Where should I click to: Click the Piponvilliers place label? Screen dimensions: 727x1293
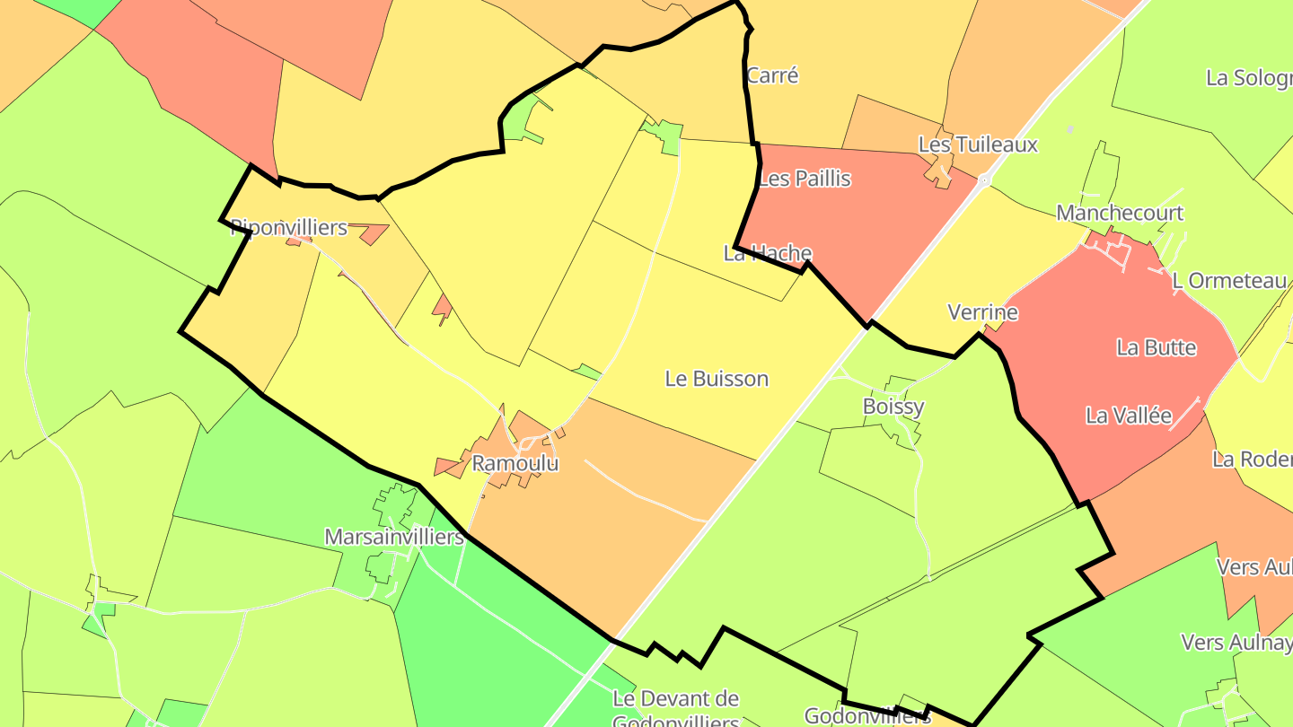pos(289,227)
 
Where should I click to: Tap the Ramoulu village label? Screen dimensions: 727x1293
pos(515,464)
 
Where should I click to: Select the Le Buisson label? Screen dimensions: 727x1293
pos(717,379)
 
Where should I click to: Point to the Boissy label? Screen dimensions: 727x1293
pos(893,407)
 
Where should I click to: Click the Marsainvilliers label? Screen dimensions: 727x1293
pos(394,538)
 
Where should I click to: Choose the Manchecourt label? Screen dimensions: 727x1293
pos(1120,213)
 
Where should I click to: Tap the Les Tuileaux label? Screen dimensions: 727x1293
pos(978,145)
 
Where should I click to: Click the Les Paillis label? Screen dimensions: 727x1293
pos(805,179)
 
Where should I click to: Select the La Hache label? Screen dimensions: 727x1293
pos(768,253)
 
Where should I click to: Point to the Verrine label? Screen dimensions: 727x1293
pos(983,312)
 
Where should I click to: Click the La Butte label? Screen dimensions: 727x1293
pos(1157,347)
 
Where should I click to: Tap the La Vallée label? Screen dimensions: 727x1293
pos(1129,416)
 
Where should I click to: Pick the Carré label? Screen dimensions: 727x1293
pos(772,75)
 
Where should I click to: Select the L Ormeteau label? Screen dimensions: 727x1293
pos(1229,281)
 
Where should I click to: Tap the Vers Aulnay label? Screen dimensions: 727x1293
pos(1236,643)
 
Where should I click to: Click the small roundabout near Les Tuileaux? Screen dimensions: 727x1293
pos(985,180)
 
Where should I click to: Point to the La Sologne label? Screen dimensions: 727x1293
pos(1249,77)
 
